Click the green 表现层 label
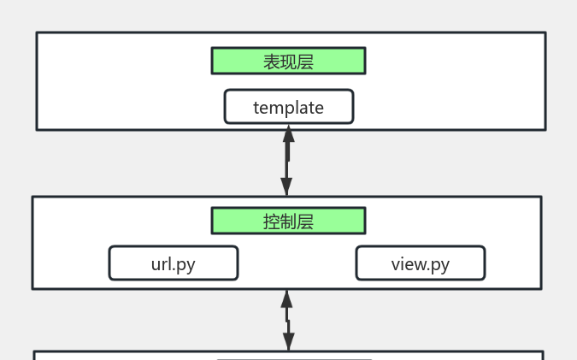coord(288,61)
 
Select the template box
coord(288,107)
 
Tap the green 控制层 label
coord(288,221)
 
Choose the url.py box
coord(173,263)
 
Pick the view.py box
coord(420,263)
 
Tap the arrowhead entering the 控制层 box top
coord(286,187)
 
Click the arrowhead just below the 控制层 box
coord(287,299)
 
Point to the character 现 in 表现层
coord(288,62)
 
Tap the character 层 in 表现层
coord(305,62)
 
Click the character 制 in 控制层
coord(288,221)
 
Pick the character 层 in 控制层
coord(305,221)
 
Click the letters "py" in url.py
coord(185,265)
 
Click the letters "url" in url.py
coord(161,263)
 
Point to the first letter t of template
coord(256,108)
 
